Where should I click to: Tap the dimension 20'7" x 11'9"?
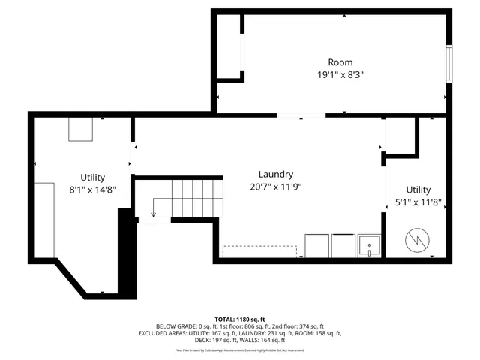tap(275, 187)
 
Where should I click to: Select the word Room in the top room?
tap(340, 62)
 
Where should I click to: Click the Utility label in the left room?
tap(93, 177)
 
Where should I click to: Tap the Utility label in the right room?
tap(418, 190)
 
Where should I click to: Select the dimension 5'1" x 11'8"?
tap(418, 202)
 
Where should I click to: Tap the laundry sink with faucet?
tap(369, 246)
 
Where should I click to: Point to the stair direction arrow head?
tap(153, 214)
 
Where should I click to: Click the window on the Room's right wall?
tap(448, 64)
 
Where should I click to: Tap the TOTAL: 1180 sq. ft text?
tap(240, 319)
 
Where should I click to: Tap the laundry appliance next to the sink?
tap(343, 246)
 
